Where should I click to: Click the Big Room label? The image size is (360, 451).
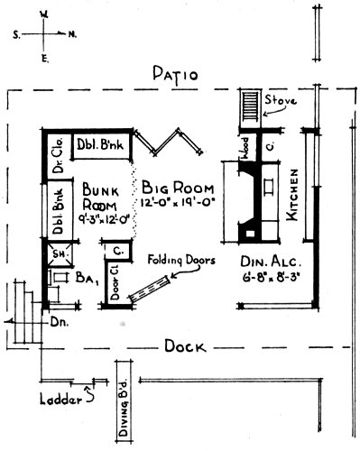click(177, 188)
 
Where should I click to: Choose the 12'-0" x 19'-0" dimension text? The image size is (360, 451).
click(178, 205)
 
